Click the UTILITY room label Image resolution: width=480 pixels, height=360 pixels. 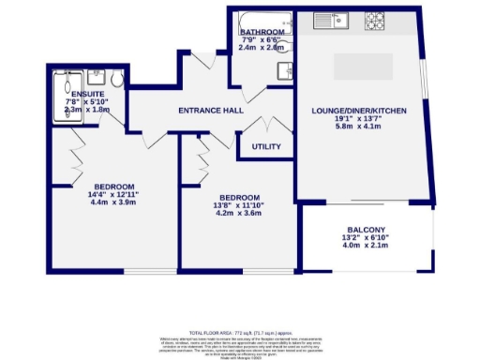coord(266,147)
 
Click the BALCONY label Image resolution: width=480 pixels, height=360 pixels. coord(367,231)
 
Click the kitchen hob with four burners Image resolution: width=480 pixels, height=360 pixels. coord(376,18)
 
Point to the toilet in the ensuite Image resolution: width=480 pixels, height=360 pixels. coord(110,79)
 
